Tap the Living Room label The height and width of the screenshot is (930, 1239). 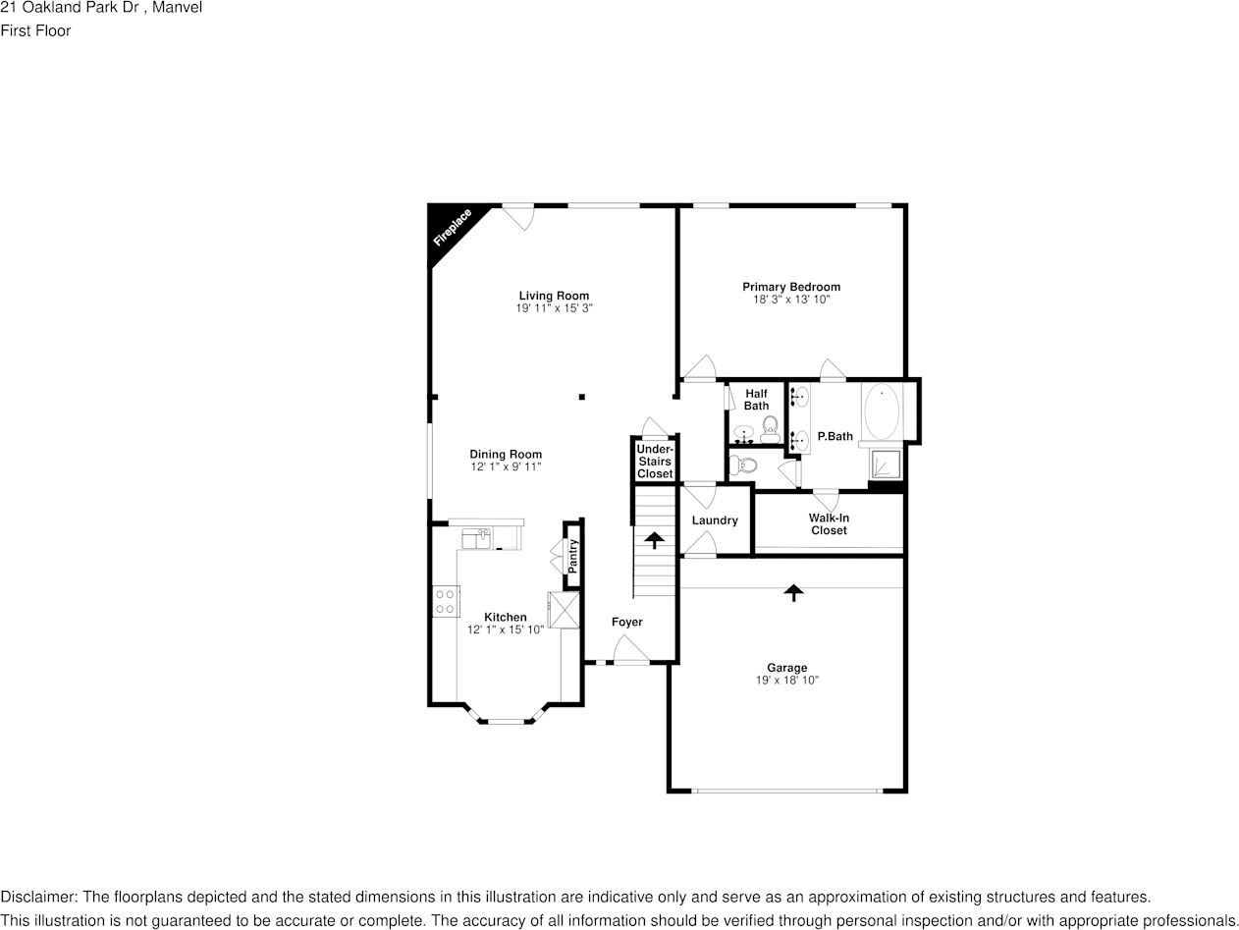(554, 296)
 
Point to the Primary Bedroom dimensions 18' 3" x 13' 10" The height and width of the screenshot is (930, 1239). (791, 300)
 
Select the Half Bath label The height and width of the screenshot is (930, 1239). (756, 400)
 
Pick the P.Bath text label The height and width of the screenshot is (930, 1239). (835, 436)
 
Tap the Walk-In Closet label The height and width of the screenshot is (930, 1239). (829, 524)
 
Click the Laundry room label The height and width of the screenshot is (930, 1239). (714, 520)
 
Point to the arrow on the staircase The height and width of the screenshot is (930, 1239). (653, 539)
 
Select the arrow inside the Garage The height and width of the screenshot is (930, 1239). (792, 591)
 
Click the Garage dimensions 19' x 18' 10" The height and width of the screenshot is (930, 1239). (786, 680)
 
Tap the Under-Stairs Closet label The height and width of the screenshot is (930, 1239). (655, 462)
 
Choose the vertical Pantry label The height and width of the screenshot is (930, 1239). (573, 557)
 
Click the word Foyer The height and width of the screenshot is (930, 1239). (626, 622)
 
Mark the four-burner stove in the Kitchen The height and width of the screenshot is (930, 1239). (446, 601)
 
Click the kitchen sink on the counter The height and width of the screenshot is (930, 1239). (479, 538)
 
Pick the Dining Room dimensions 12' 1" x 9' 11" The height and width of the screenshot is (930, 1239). (506, 466)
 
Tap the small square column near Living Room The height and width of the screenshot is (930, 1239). (582, 397)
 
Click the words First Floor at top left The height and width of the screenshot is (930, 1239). (35, 30)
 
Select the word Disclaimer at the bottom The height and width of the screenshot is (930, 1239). (38, 897)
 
